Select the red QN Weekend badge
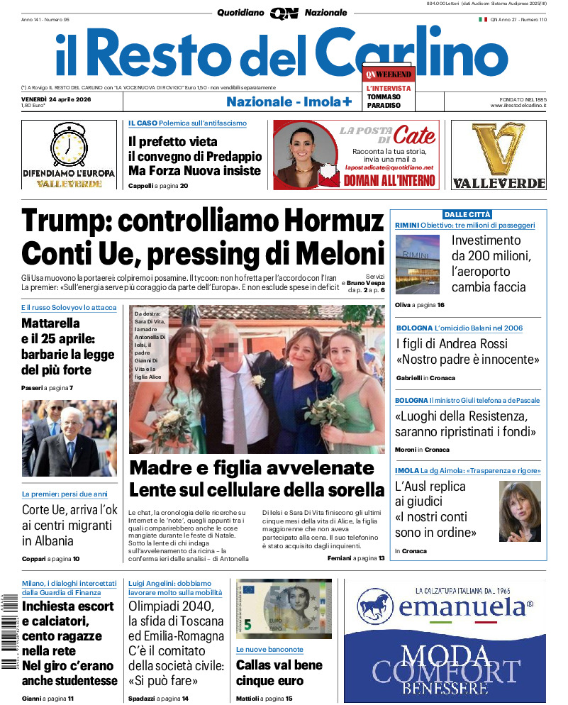387,74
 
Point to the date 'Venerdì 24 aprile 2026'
54,98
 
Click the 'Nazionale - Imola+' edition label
289,102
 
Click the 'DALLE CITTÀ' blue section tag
467,214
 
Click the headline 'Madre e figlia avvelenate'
252,469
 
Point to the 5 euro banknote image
283,609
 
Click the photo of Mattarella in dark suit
69,438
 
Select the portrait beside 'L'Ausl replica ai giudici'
520,511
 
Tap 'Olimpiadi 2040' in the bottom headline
171,606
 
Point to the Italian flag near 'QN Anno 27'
483,19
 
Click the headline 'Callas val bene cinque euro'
279,673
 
